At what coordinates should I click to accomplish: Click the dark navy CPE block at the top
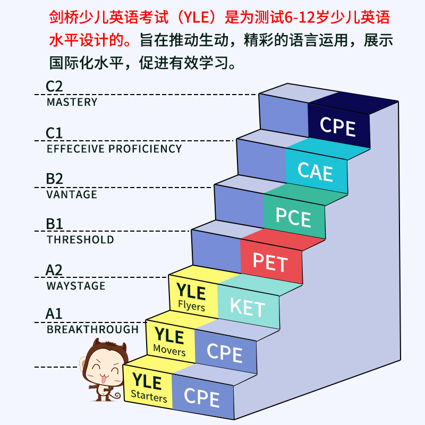[x=338, y=126]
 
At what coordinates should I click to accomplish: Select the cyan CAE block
[x=316, y=172]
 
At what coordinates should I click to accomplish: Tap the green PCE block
[x=293, y=218]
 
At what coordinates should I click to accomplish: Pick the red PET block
[x=270, y=263]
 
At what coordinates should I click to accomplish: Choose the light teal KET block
[x=248, y=307]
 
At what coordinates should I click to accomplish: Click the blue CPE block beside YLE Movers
[x=225, y=353]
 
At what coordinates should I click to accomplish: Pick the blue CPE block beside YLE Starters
[x=202, y=397]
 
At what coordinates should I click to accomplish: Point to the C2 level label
[x=55, y=86]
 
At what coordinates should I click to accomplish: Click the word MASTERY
[x=72, y=102]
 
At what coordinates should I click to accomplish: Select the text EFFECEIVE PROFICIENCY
[x=114, y=149]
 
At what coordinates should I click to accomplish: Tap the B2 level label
[x=54, y=178]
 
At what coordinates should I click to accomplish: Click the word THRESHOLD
[x=80, y=240]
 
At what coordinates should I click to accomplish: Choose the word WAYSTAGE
[x=76, y=286]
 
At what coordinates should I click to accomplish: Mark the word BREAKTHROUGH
[x=92, y=329]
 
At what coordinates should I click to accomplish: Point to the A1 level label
[x=54, y=313]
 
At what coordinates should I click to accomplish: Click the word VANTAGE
[x=72, y=194]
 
